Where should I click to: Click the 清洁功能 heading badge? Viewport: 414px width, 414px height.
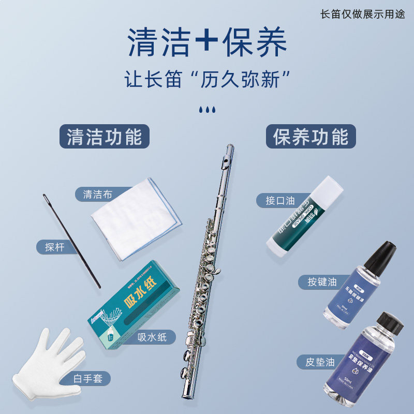[104, 137]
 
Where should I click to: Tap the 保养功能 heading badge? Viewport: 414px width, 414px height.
[310, 137]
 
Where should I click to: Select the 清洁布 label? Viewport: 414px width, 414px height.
[97, 195]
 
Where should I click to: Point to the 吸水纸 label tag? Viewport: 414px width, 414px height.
[156, 337]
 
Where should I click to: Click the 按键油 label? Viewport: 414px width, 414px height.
[321, 282]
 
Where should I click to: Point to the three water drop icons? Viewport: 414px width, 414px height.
[206, 110]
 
